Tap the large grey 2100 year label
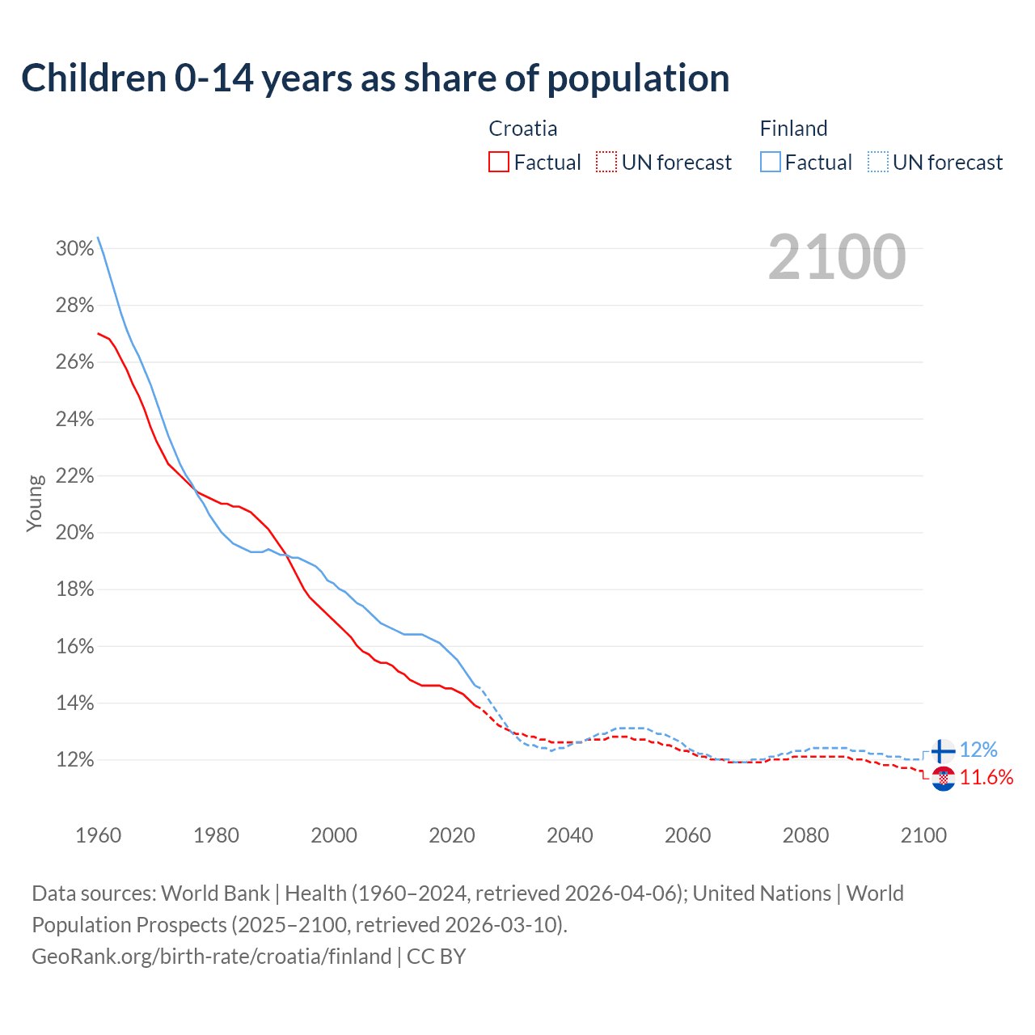tap(837, 257)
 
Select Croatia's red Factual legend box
tap(499, 163)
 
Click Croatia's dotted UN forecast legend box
tap(606, 163)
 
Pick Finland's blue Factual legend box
tap(771, 163)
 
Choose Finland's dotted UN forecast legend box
tap(878, 163)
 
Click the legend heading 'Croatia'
tap(523, 129)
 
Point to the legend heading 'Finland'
tap(793, 129)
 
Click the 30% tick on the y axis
tap(75, 248)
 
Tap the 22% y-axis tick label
tap(75, 476)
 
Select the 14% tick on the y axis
tap(75, 703)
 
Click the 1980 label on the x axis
tap(216, 835)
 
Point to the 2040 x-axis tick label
tap(570, 835)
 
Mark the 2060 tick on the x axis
tap(687, 835)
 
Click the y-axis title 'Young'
tap(35, 503)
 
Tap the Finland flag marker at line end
tap(943, 751)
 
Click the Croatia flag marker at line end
tap(943, 779)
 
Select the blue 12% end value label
tap(978, 750)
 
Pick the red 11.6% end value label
tap(986, 778)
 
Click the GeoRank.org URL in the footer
tap(212, 957)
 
